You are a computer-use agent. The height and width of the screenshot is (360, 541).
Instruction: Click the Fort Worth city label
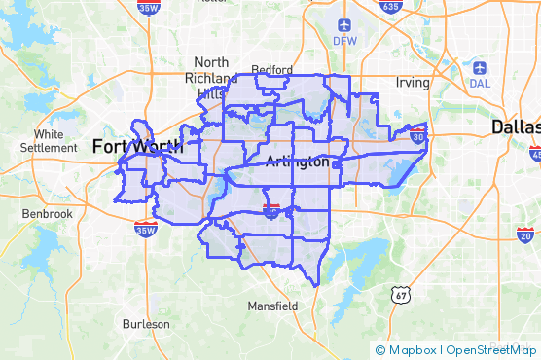pyautogui.click(x=135, y=146)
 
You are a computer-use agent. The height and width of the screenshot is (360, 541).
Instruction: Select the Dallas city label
pyautogui.click(x=515, y=127)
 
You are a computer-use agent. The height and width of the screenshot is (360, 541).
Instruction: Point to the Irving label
pyautogui.click(x=413, y=83)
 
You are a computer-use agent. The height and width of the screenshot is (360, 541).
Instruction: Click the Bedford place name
pyautogui.click(x=271, y=69)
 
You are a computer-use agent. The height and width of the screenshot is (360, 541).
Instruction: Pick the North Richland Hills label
pyautogui.click(x=210, y=78)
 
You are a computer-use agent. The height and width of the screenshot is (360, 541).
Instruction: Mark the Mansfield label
pyautogui.click(x=272, y=306)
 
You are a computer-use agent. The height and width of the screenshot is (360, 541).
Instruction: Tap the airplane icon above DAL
pyautogui.click(x=480, y=68)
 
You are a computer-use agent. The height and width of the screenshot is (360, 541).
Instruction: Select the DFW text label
pyautogui.click(x=344, y=41)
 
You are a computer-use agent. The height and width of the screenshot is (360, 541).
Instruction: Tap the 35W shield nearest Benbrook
pyautogui.click(x=145, y=230)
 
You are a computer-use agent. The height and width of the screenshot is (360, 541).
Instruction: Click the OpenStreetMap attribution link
pyautogui.click(x=492, y=350)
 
